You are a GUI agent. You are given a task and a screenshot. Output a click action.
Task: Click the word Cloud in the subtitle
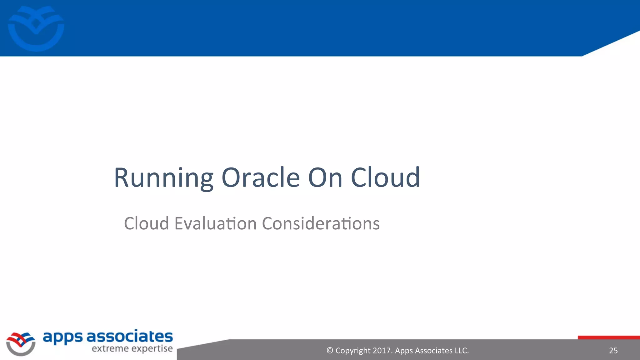(146, 223)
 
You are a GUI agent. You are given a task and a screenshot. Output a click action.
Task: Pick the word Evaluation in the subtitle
(216, 223)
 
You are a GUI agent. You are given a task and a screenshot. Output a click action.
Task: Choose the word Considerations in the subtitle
(321, 223)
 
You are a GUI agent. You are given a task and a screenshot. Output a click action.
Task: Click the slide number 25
(613, 351)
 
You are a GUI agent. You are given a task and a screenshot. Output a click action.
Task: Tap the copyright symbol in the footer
(330, 351)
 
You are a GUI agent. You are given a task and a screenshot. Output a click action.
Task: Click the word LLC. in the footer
(462, 351)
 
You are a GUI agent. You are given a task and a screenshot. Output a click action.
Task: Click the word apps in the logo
(62, 337)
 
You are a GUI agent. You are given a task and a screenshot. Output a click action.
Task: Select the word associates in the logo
(129, 337)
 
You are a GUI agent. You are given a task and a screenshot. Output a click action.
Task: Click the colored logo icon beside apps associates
(21, 343)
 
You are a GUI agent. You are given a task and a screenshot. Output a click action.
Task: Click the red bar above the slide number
(608, 337)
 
